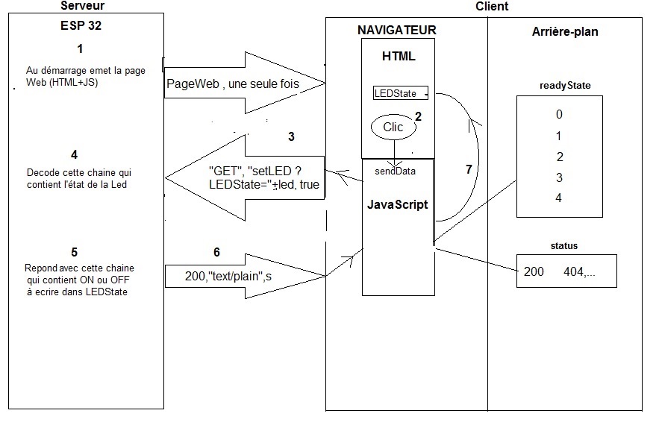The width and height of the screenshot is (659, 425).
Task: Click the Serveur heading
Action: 82,6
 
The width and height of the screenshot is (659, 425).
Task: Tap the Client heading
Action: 492,6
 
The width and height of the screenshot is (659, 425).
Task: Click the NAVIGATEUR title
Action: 396,30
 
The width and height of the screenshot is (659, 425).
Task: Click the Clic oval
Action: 393,127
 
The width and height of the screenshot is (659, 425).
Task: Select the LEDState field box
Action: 401,93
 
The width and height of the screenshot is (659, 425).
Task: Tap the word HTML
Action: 398,57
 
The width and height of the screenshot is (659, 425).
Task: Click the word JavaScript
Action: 398,204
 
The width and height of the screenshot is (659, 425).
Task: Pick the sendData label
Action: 395,171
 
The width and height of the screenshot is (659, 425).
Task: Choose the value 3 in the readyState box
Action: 559,177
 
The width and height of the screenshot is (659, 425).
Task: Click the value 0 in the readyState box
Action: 559,115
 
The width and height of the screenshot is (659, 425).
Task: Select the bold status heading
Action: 563,245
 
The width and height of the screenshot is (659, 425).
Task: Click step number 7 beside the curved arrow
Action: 468,170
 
